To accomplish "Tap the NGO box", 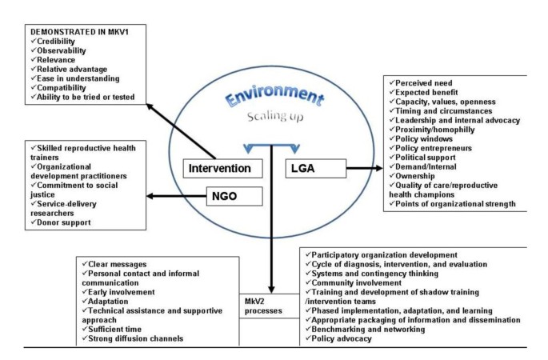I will [x=226, y=194].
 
